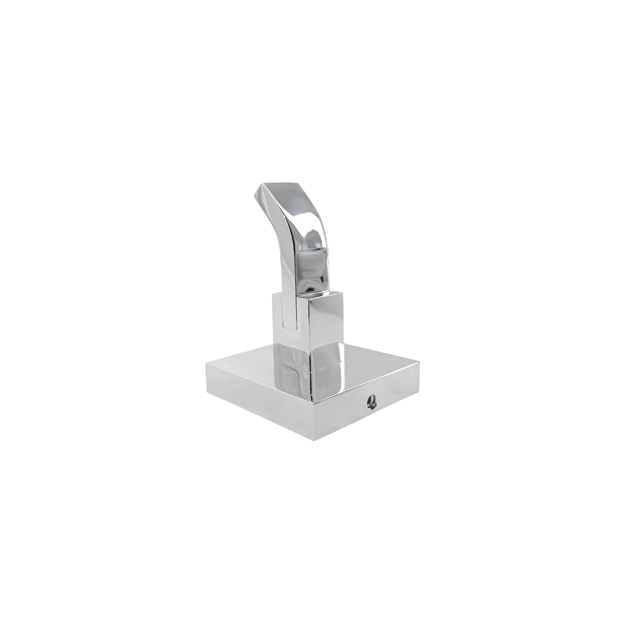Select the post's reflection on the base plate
tap(310, 371)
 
